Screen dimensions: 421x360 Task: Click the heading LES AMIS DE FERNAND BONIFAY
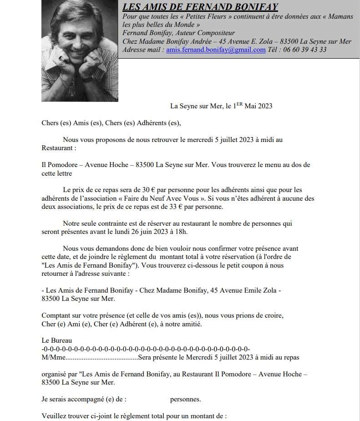[200, 7]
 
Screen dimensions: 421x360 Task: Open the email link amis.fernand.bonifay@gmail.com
[216, 50]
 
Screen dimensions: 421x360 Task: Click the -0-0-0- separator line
[146, 349]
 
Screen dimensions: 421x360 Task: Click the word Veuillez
[54, 416]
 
